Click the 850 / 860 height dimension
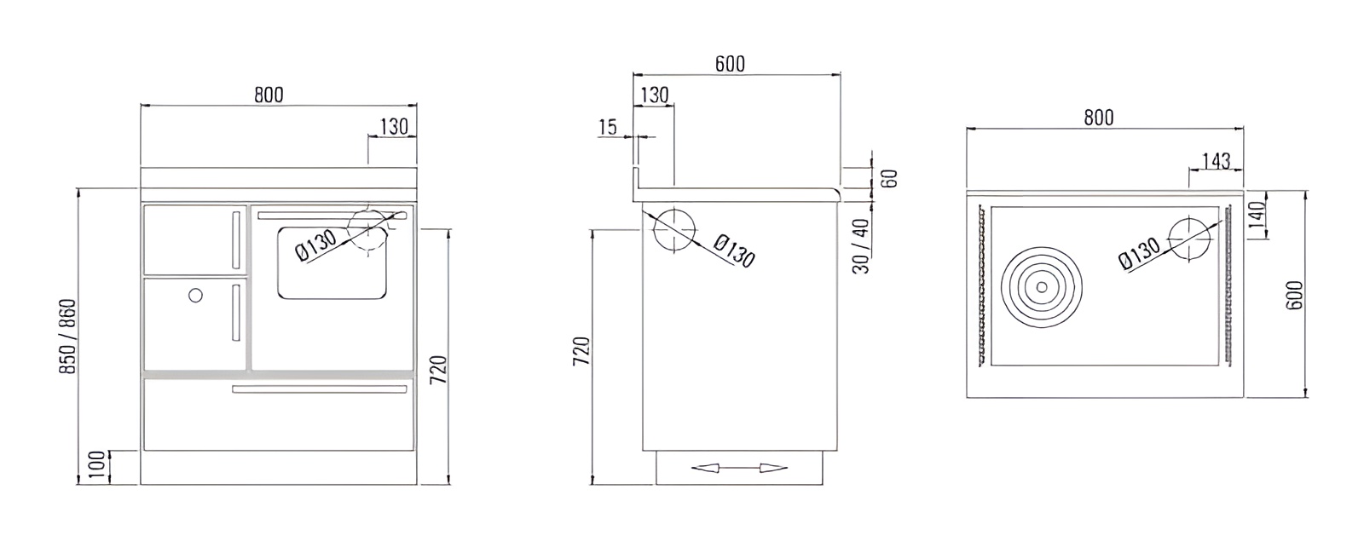(67, 337)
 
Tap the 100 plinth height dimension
(97, 465)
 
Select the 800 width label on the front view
(269, 95)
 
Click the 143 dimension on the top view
(1216, 161)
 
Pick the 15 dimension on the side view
(608, 127)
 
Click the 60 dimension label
(890, 179)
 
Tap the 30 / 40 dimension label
(861, 246)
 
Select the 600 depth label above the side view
(730, 64)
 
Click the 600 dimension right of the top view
(1295, 295)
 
